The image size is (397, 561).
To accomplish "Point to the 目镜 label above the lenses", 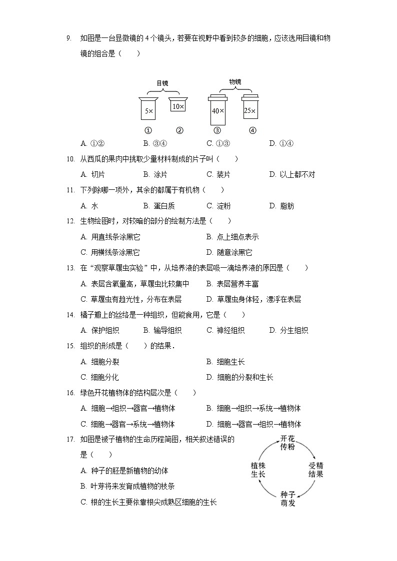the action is (x=162, y=83).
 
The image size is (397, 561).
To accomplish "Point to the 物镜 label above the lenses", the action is (x=235, y=81).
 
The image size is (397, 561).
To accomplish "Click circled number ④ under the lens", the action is (x=252, y=131).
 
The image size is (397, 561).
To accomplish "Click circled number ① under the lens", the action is (x=148, y=131).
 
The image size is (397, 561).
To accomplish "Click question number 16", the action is (x=70, y=393).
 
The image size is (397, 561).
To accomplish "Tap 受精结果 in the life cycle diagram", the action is (x=315, y=470).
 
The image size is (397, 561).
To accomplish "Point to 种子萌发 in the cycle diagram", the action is (x=287, y=499).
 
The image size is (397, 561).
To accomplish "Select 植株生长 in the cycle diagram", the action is (x=257, y=470).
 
